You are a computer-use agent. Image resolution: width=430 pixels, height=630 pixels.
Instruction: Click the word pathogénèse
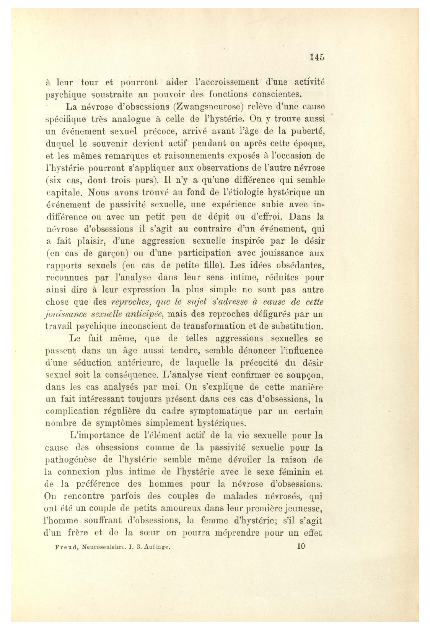tap(73, 460)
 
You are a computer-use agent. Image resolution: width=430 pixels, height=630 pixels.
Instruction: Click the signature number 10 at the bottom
tap(301, 546)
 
